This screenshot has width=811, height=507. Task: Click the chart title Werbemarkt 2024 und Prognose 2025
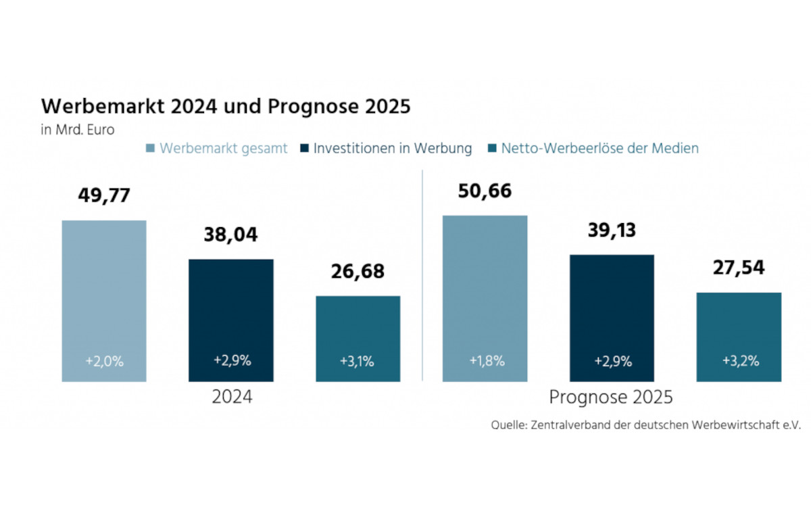point(226,107)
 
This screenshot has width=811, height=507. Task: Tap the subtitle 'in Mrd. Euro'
point(77,130)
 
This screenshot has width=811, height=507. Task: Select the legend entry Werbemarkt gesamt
point(223,149)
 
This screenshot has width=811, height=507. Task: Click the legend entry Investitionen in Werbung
point(392,149)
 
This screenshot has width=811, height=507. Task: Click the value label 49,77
point(104,197)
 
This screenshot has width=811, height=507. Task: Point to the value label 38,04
point(231,235)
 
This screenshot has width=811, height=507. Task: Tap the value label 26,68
point(358,272)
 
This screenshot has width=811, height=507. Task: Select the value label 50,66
point(485,191)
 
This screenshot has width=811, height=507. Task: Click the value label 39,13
point(612,231)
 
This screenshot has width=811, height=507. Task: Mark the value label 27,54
point(739,268)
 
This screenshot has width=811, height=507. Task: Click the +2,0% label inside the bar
point(104,361)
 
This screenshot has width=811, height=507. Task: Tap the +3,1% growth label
point(358,361)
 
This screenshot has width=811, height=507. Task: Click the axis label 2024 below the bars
point(232,397)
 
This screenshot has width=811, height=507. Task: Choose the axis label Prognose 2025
point(610,397)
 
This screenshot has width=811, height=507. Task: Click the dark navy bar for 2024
point(231,318)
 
